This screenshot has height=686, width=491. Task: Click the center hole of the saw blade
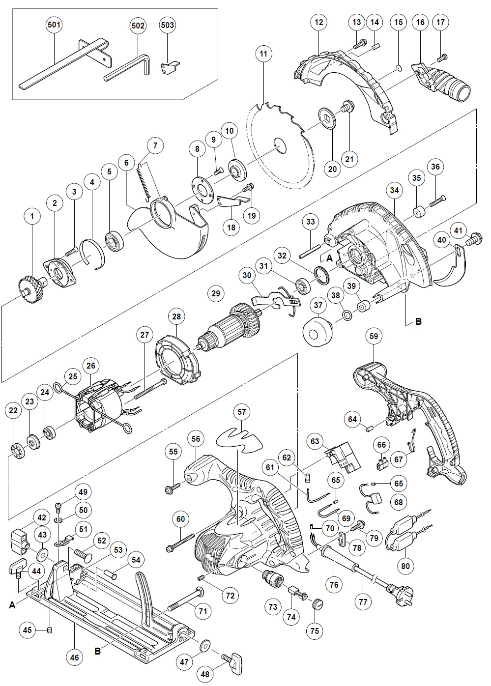(280, 145)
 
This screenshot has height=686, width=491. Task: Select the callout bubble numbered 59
(374, 337)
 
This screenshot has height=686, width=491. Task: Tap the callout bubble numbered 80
(405, 566)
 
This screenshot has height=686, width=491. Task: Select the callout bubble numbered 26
(91, 366)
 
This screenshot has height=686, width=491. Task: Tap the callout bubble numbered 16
(420, 22)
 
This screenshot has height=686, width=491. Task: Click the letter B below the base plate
(97, 651)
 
